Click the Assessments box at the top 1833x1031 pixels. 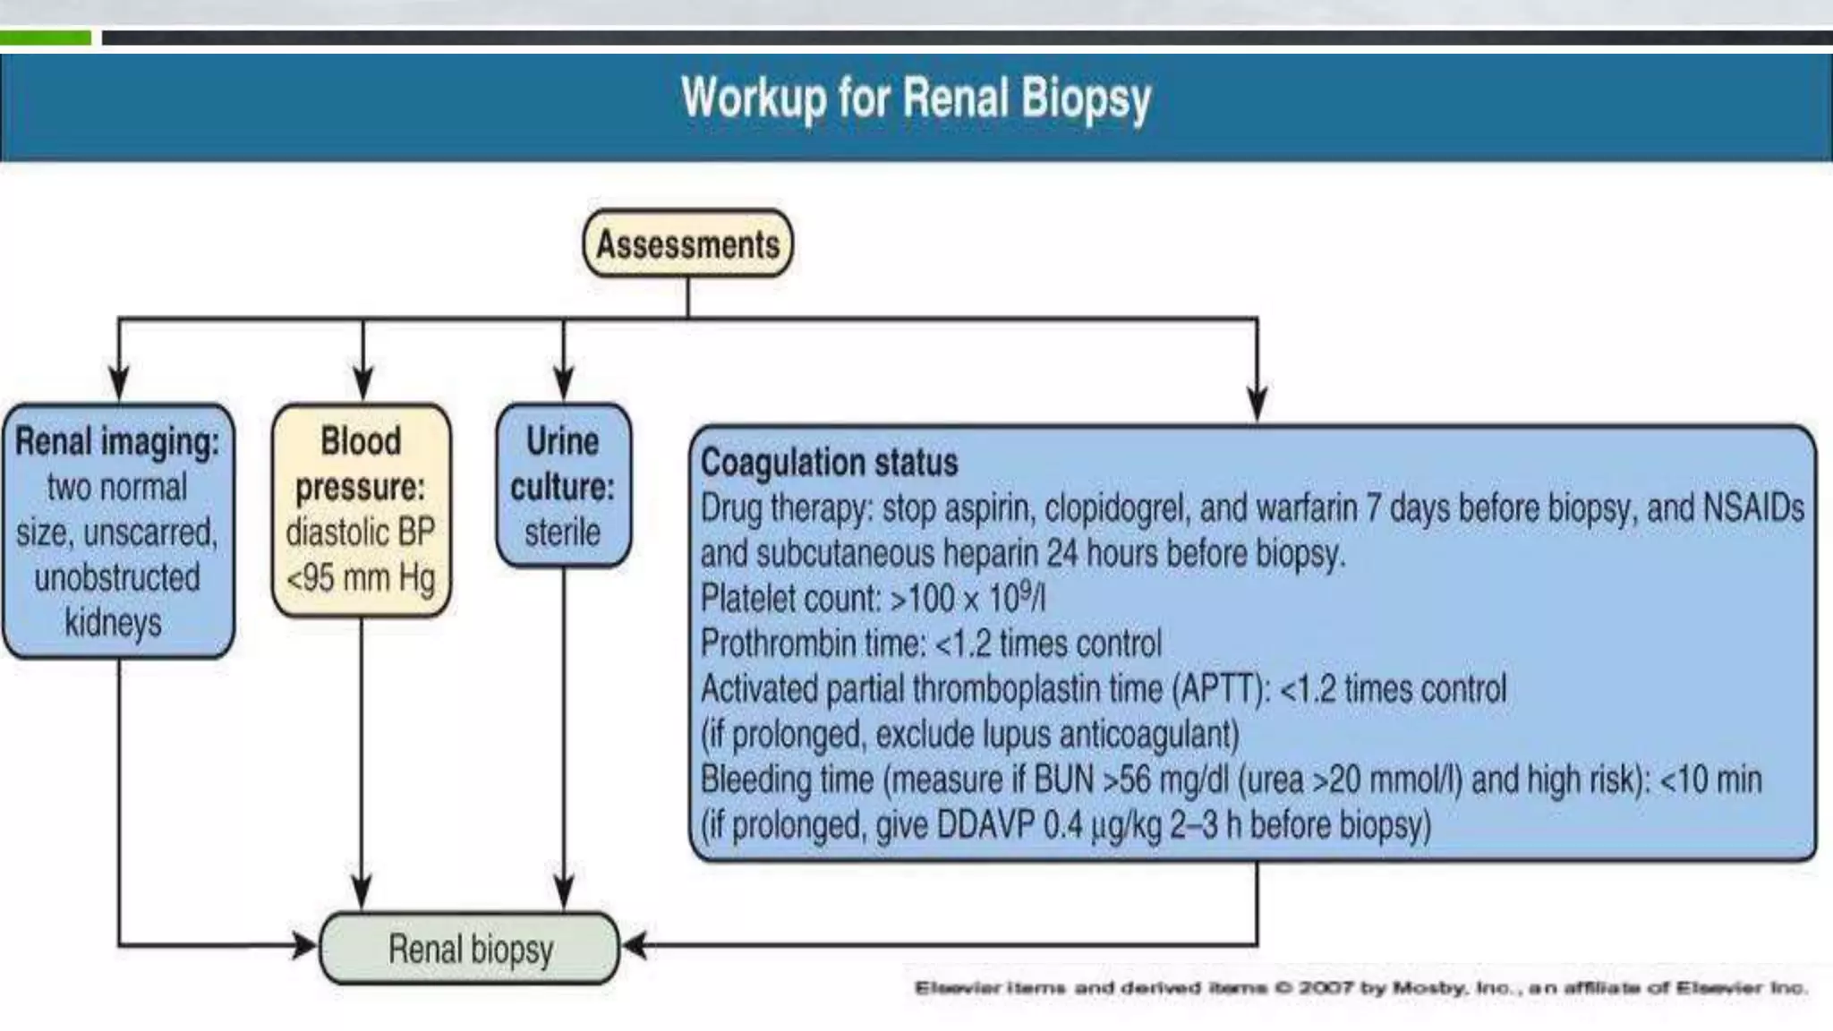click(x=687, y=244)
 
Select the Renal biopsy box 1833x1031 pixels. click(x=470, y=949)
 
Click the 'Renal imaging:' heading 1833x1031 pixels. click(x=117, y=442)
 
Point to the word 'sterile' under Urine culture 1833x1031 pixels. click(x=562, y=533)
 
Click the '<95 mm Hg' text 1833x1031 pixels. click(x=361, y=578)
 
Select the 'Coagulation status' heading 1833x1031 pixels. click(x=829, y=463)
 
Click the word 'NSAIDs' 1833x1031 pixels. click(x=1753, y=507)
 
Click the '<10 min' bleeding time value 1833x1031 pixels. click(x=1710, y=780)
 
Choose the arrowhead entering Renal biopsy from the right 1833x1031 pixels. click(x=634, y=945)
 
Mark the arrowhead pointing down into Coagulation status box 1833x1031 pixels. click(x=1257, y=404)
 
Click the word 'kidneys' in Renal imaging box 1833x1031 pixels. click(x=114, y=623)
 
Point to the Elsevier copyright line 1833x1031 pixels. click(x=1360, y=988)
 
